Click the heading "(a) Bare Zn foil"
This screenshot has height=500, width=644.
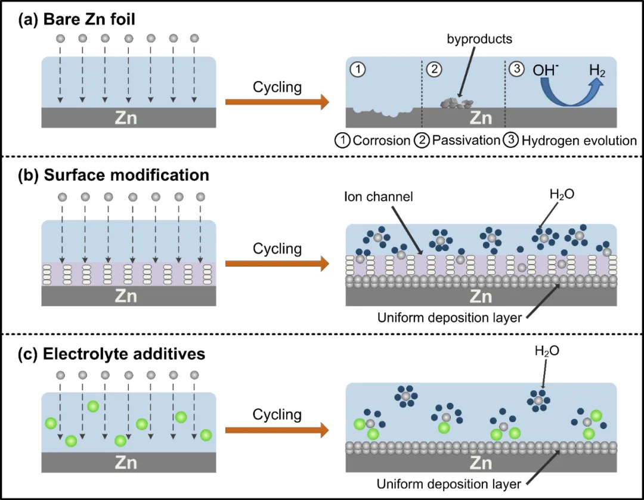click(x=76, y=20)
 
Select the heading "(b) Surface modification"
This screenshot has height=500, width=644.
click(x=113, y=175)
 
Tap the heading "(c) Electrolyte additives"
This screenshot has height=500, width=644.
click(x=112, y=354)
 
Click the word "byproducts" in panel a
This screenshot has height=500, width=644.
click(x=479, y=39)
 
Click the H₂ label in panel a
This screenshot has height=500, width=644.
click(x=597, y=70)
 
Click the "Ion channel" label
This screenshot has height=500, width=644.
click(x=378, y=197)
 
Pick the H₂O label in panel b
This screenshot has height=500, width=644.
click(x=562, y=194)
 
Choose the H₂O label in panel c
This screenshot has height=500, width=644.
click(x=547, y=351)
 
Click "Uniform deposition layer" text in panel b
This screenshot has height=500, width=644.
click(x=450, y=318)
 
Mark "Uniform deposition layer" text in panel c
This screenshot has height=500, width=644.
click(x=448, y=484)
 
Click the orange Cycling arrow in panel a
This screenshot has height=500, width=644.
click(x=277, y=101)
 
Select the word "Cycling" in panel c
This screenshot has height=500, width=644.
click(x=277, y=415)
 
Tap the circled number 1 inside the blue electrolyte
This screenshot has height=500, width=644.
click(x=358, y=69)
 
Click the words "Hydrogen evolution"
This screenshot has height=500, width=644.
click(x=578, y=141)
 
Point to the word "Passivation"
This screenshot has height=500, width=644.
click(x=466, y=141)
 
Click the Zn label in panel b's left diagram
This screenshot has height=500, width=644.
click(x=126, y=296)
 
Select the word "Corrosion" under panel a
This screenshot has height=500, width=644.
click(x=382, y=141)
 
